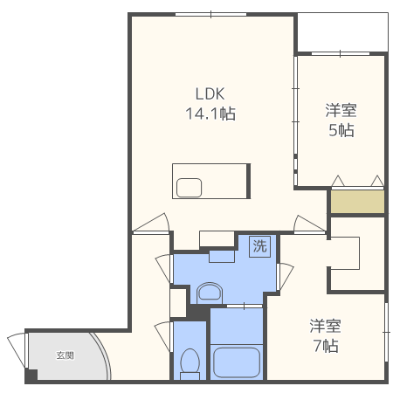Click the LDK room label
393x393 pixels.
tap(210, 93)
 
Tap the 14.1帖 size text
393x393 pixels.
tap(210, 114)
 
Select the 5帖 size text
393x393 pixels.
tap(341, 130)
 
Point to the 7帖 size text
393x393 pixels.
tap(326, 346)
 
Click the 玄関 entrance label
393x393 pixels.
tap(65, 355)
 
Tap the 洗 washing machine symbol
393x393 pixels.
tap(259, 246)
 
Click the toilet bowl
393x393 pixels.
tap(190, 364)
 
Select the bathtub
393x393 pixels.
tap(237, 362)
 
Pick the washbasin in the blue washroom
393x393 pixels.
tap(210, 293)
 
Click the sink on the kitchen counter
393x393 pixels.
tap(189, 188)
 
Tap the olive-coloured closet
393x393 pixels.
tap(357, 202)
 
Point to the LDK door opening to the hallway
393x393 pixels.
tap(151, 223)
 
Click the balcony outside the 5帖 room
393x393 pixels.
tap(342, 32)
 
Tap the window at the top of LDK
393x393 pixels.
tap(210, 14)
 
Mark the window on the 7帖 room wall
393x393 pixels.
tap(386, 332)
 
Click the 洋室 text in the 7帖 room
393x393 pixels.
tap(325, 326)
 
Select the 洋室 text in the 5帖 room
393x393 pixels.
tap(341, 110)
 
